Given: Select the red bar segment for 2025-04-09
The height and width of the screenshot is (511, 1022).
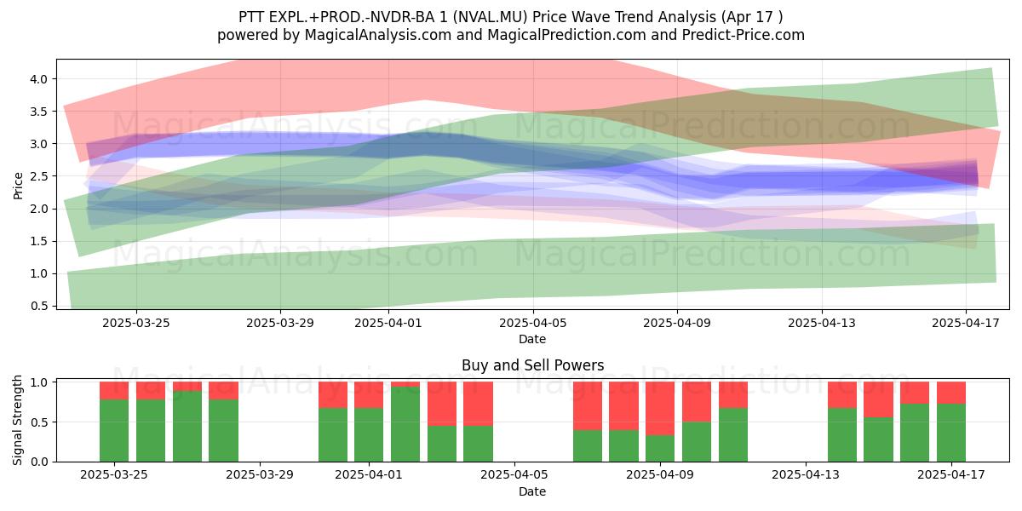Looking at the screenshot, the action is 660,408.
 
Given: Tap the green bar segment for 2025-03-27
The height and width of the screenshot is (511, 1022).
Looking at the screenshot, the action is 187,426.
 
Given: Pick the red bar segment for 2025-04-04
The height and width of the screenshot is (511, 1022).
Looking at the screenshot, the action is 478,404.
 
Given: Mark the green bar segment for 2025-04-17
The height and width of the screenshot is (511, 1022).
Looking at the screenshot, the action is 951,433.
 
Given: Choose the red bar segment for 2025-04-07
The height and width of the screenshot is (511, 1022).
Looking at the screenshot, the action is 588,406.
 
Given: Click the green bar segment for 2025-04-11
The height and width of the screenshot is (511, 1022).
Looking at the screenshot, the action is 733,435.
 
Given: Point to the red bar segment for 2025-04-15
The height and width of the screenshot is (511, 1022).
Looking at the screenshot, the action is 878,399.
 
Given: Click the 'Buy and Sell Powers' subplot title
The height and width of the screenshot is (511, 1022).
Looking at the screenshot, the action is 532,365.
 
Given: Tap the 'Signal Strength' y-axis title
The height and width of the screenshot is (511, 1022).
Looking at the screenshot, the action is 17,420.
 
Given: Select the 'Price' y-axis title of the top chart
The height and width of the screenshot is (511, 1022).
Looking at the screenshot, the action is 18,186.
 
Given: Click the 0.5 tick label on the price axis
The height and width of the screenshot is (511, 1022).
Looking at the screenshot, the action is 39,306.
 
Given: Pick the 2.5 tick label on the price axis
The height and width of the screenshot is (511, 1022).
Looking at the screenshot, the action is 39,176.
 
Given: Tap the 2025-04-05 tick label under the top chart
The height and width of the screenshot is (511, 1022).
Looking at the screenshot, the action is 532,323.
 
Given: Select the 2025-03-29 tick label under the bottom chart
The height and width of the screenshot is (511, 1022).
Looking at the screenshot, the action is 260,474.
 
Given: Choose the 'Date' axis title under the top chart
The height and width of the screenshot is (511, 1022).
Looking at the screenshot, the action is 532,339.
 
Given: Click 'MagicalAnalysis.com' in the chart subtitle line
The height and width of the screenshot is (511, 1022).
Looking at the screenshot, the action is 378,35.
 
